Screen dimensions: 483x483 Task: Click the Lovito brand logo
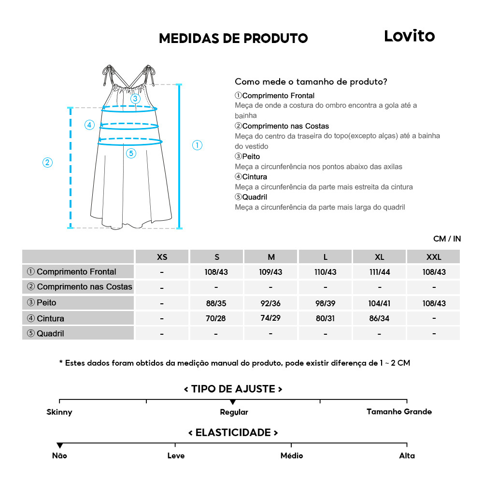click(x=409, y=36)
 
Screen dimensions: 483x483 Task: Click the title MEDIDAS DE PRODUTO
click(x=233, y=39)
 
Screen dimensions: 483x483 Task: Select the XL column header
click(x=380, y=256)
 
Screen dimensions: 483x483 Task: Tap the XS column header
click(x=162, y=256)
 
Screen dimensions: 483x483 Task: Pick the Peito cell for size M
click(x=270, y=303)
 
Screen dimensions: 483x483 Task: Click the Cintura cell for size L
click(x=326, y=319)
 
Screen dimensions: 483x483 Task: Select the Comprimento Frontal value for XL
click(x=380, y=272)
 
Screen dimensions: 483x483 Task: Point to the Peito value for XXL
click(x=434, y=303)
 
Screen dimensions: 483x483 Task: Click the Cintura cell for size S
click(x=216, y=319)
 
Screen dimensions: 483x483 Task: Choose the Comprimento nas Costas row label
click(x=80, y=287)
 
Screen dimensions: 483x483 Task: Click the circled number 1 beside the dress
click(x=197, y=145)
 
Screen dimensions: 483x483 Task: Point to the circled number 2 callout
click(x=47, y=162)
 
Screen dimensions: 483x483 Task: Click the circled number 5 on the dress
click(x=131, y=154)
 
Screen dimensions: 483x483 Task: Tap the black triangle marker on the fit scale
click(x=233, y=402)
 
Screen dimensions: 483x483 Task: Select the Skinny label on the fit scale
click(x=59, y=412)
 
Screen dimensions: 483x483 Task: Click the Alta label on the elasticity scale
click(x=407, y=455)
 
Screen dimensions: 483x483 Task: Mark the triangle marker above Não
click(x=59, y=445)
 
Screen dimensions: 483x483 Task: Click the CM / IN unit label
click(x=447, y=239)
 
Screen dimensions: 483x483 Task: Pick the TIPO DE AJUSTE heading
click(x=233, y=389)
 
